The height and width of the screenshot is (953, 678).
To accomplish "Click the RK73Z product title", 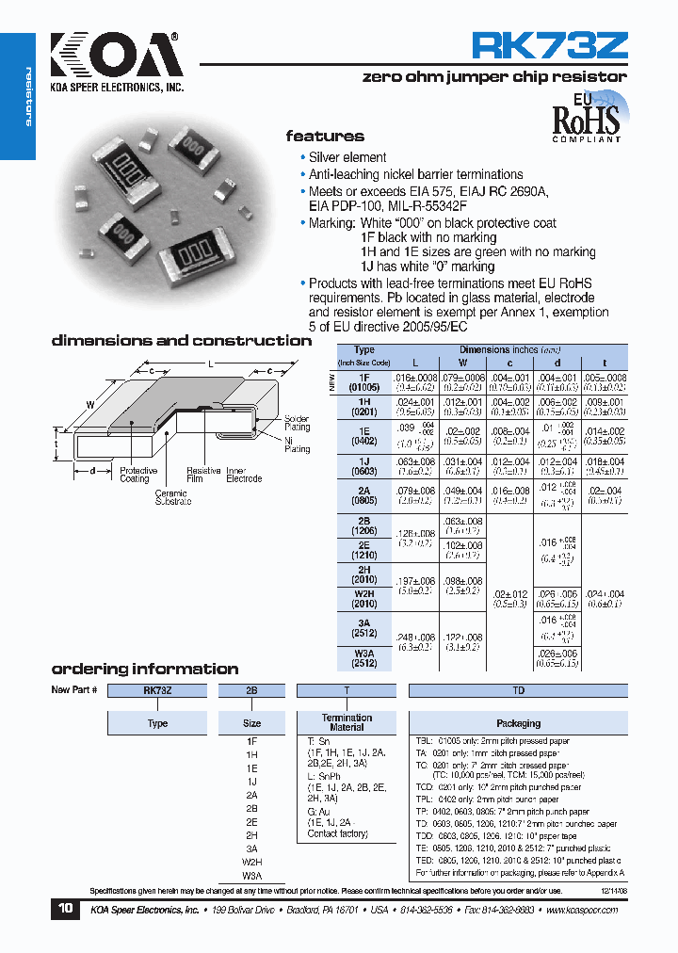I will point(548,46).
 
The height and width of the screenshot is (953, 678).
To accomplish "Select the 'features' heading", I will point(325,137).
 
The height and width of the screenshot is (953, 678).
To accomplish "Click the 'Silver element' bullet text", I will point(347,157).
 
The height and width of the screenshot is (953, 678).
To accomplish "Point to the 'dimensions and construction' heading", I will point(181,341).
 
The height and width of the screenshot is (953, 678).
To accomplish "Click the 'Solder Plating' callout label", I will point(297,422).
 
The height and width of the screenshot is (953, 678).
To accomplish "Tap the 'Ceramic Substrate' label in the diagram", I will point(172,497).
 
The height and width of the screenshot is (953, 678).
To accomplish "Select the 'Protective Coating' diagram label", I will point(138,475).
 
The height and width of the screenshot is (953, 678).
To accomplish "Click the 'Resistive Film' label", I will point(203,475).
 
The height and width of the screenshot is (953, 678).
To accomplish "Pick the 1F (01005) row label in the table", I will point(363,380).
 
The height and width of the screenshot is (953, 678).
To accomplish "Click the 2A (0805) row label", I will point(363,493).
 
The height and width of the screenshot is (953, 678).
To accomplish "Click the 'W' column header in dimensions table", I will point(462,362).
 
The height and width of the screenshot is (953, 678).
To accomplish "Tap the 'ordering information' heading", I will point(144,669).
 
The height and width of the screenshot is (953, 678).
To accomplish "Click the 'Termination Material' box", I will point(347,722).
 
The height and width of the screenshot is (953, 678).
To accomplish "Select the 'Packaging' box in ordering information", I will point(518,723).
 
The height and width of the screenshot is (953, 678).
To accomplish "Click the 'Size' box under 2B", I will point(251,723).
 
